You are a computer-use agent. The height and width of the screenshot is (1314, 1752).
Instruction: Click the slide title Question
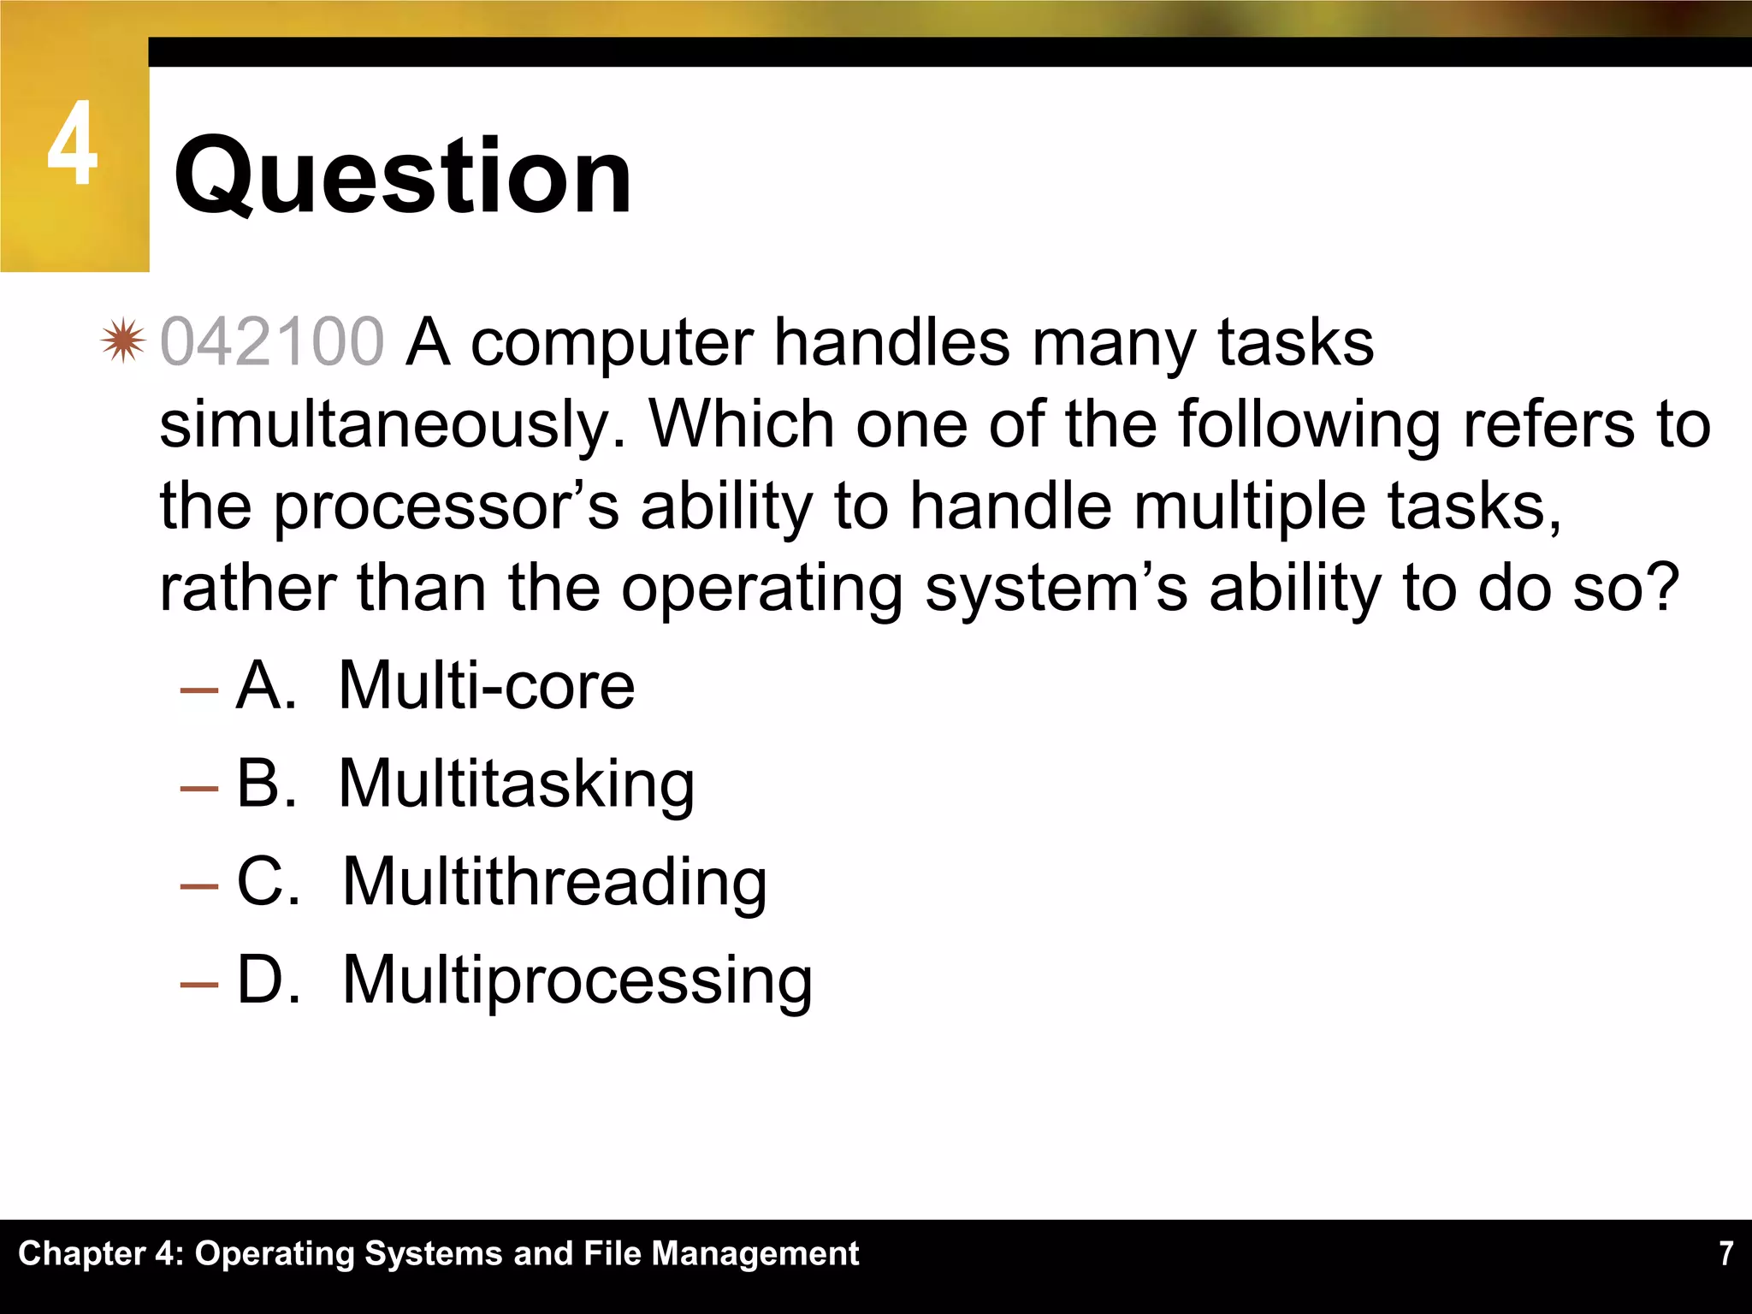(x=402, y=176)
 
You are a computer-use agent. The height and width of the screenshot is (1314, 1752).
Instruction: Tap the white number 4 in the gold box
(x=72, y=144)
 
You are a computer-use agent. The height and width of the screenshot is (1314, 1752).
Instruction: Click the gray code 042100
(x=272, y=342)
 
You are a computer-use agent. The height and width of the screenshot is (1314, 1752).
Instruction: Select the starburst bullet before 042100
(x=123, y=341)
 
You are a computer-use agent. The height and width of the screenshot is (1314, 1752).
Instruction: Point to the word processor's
(x=446, y=506)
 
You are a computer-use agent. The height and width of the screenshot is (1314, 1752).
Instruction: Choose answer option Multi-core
(x=487, y=686)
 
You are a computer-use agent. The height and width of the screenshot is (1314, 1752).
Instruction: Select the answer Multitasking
(x=517, y=784)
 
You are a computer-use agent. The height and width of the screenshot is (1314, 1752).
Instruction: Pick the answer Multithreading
(x=554, y=882)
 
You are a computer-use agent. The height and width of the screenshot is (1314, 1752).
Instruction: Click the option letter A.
(x=265, y=686)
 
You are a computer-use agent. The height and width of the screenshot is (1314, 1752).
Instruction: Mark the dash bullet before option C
(x=199, y=885)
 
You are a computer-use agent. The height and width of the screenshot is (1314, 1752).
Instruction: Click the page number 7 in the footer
(x=1726, y=1253)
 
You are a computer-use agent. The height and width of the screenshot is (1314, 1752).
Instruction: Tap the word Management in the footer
(x=755, y=1253)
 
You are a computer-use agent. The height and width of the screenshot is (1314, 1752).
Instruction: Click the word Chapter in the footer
(x=82, y=1253)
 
